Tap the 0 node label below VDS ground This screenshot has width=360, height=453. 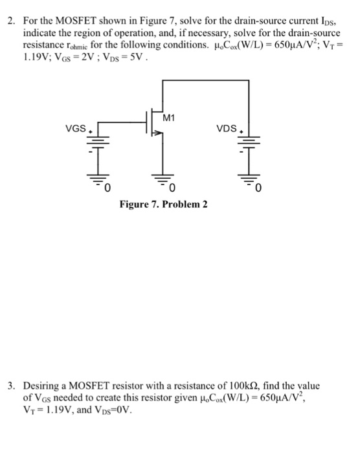pyautogui.click(x=257, y=189)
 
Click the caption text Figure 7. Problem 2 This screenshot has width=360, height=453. pyautogui.click(x=164, y=204)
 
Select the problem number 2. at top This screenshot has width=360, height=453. pyautogui.click(x=12, y=22)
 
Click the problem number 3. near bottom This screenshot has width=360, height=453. pyautogui.click(x=12, y=386)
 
